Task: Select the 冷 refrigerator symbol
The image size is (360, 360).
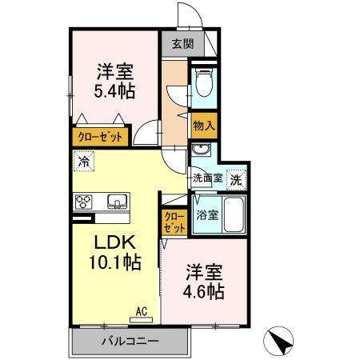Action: [x=84, y=162]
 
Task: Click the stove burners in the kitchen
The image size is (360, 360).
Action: [x=85, y=201]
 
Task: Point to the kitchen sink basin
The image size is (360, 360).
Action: [x=113, y=200]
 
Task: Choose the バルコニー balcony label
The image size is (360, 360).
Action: [x=130, y=342]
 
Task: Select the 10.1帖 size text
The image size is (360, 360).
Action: [x=114, y=262]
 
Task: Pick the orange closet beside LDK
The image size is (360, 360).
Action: [x=174, y=222]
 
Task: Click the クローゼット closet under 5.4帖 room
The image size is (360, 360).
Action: [x=100, y=138]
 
